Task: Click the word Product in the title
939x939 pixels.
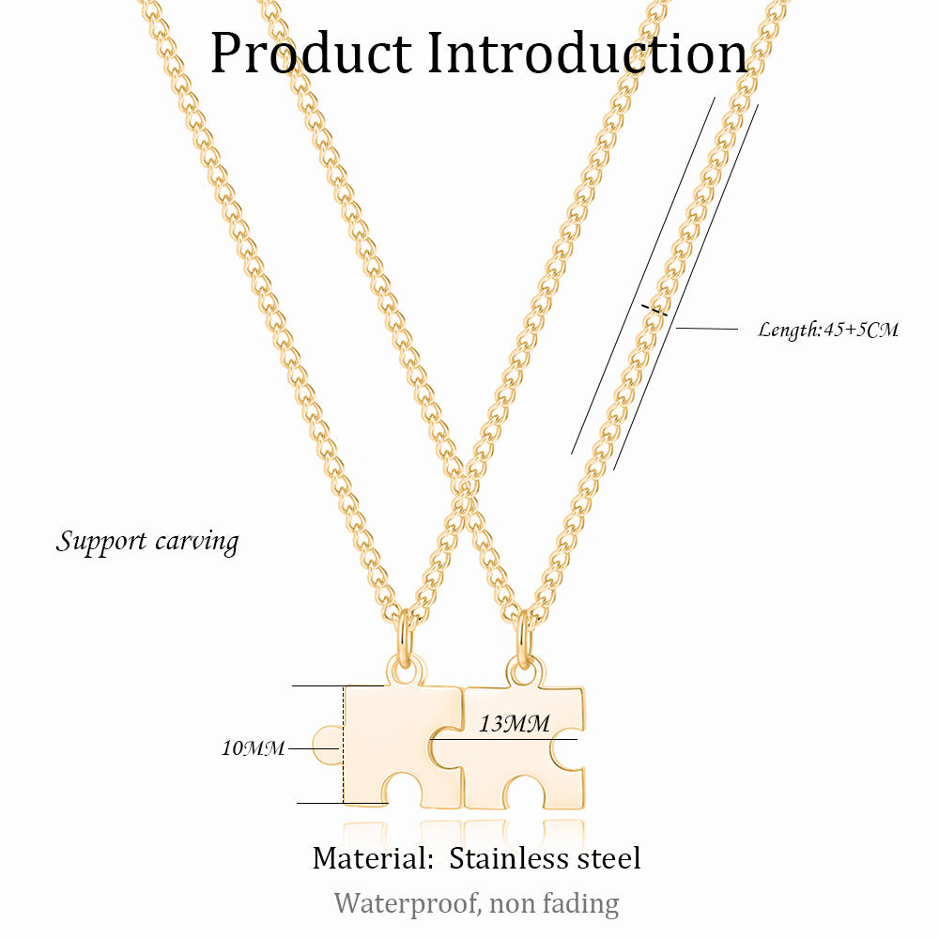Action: [x=311, y=54]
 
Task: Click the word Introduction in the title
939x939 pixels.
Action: [x=588, y=54]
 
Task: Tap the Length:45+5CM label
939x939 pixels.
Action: [x=828, y=330]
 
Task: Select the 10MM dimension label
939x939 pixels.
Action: [x=253, y=748]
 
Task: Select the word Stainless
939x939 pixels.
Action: [x=509, y=857]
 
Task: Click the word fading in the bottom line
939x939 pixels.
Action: [x=582, y=904]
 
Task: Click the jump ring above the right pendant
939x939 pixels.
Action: [x=524, y=637]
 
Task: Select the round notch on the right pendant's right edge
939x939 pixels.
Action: [x=568, y=750]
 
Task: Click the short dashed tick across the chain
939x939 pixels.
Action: [x=654, y=310]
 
